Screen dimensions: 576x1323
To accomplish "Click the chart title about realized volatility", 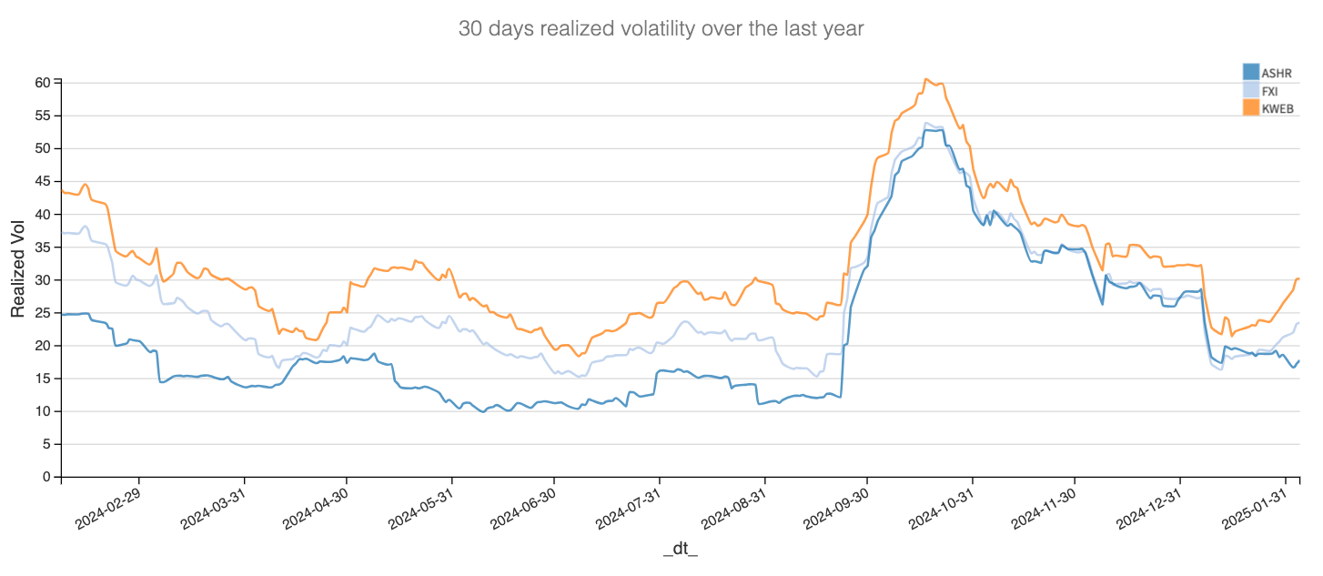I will pos(661,29).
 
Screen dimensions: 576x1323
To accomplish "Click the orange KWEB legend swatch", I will pos(1251,108).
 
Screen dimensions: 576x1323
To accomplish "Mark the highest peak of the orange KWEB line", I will pos(925,79).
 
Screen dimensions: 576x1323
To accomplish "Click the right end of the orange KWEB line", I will pos(1298,278).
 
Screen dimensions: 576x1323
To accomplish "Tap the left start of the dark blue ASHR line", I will pos(62,315).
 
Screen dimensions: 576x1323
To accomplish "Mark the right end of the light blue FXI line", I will pos(1298,323).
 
